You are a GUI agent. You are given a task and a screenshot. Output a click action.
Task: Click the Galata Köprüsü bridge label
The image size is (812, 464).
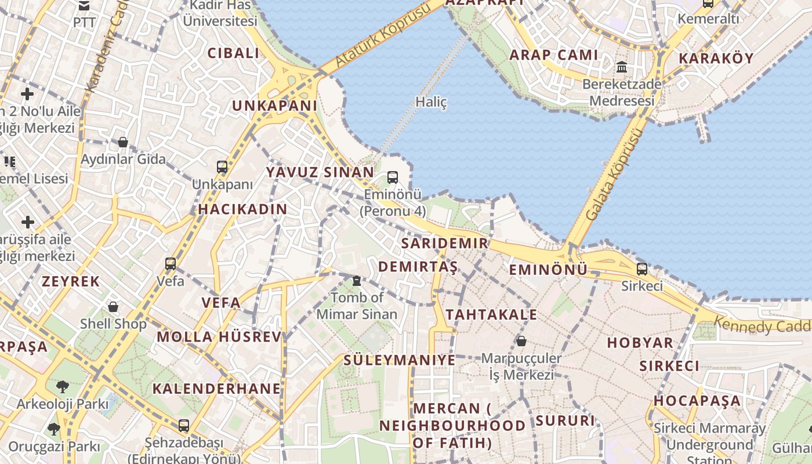614,175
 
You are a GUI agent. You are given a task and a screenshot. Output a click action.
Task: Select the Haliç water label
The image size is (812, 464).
432,102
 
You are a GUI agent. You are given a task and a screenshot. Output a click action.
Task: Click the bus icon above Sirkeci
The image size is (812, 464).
642,269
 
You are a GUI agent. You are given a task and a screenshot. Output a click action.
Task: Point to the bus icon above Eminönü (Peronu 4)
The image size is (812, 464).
393,177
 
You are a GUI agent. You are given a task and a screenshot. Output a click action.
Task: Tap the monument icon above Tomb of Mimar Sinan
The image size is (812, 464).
357,281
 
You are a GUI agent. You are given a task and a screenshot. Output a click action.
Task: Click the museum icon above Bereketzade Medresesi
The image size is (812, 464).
622,67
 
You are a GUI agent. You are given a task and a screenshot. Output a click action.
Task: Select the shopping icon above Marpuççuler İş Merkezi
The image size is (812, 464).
521,341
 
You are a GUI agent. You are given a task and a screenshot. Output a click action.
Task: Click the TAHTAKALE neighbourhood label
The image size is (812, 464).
491,315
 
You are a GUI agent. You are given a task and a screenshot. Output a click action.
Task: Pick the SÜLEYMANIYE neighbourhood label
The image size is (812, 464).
400,360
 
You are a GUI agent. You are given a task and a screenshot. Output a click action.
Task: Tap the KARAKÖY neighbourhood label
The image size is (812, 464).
716,59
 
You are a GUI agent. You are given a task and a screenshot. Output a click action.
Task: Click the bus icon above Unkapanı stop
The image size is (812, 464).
222,167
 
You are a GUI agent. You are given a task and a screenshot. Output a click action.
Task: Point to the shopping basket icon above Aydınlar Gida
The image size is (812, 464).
123,142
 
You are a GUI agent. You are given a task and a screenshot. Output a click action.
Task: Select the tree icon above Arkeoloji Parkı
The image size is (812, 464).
62,386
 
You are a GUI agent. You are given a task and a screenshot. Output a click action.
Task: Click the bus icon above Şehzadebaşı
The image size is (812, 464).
184,426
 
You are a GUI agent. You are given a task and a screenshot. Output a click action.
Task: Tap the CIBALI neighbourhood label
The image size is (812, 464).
234,53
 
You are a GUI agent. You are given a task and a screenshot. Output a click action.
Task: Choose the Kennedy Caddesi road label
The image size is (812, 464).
763,325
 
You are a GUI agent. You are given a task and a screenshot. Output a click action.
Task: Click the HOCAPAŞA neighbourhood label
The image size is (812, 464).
698,401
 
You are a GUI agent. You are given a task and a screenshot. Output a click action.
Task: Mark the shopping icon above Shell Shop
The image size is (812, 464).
114,306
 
